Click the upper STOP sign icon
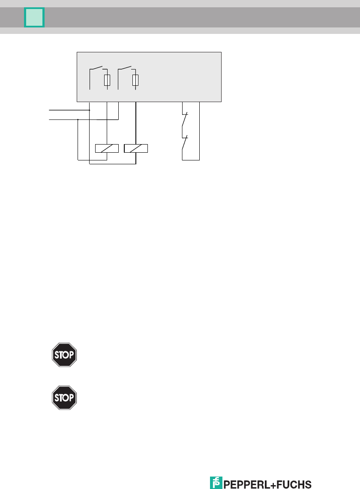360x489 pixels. [x=64, y=355]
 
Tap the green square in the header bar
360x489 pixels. [x=34, y=18]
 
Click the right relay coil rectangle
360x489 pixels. [x=135, y=149]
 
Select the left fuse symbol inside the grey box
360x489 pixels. [x=107, y=80]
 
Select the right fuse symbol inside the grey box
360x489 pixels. [x=136, y=80]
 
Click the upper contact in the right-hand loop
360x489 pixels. [x=185, y=120]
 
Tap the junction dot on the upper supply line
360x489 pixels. [x=89, y=110]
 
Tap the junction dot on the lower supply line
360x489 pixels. [x=78, y=120]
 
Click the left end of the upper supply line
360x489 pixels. [x=50, y=110]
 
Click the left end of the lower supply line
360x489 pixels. [x=50, y=120]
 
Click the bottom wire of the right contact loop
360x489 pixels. [x=191, y=160]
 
